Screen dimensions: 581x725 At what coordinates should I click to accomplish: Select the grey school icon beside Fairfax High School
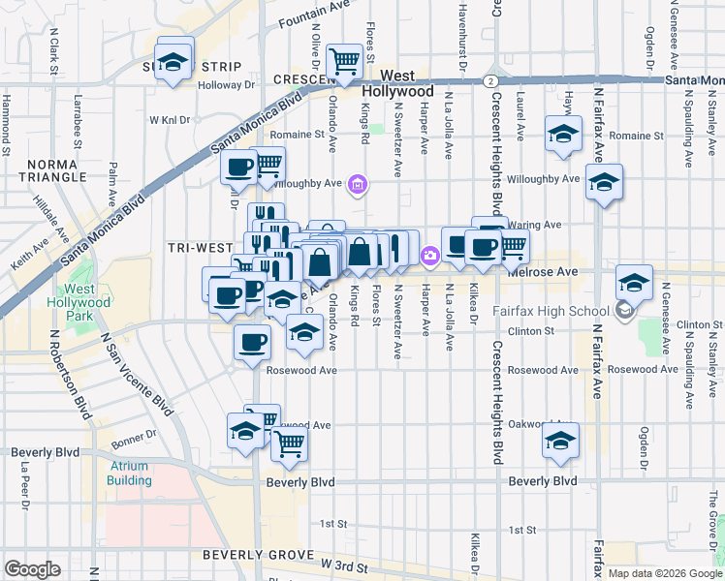[624, 311]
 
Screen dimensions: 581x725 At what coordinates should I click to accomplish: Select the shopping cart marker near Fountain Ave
[344, 61]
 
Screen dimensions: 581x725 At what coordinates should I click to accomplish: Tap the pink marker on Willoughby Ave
[359, 183]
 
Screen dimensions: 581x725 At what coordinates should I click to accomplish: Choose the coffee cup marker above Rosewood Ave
[253, 341]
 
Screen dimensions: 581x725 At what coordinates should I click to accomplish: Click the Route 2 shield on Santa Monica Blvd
[492, 80]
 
